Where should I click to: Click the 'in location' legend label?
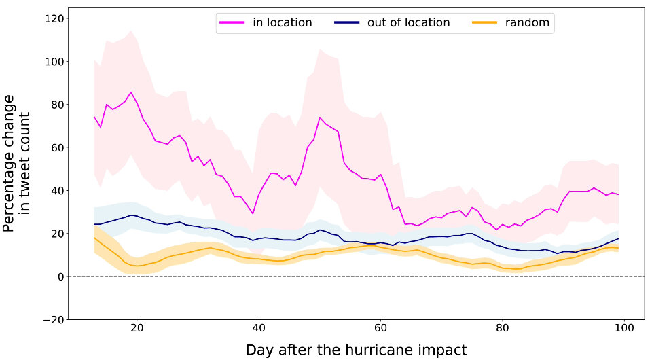point(282,22)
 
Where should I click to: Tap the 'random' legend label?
point(527,22)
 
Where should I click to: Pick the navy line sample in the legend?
point(347,23)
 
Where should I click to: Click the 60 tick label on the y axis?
point(54,147)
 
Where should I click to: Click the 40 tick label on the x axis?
point(259,327)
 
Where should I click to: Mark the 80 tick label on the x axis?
point(502,327)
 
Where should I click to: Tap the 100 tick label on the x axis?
point(623,327)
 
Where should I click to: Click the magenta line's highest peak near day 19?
point(131,92)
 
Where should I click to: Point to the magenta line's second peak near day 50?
point(319,118)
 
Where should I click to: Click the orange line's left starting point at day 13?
point(94,238)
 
